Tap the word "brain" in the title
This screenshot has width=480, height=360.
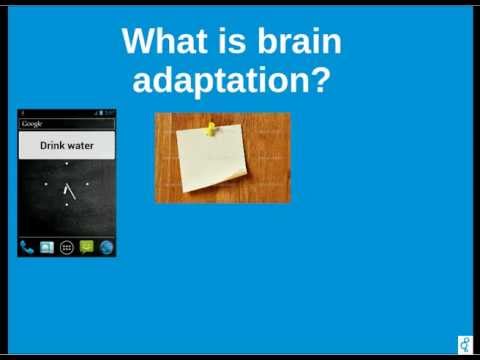[297, 42]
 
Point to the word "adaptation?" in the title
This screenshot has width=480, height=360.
[231, 80]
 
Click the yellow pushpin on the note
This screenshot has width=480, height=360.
[211, 128]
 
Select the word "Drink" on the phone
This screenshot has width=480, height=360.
[53, 145]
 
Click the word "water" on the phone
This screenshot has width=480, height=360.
[81, 145]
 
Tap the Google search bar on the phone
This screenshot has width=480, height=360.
[66, 123]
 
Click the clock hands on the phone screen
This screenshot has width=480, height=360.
[68, 189]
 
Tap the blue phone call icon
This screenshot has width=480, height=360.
[27, 247]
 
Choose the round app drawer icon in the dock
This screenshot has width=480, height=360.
[67, 247]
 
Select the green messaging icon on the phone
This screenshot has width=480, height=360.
[87, 247]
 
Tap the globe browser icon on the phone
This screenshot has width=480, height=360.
[106, 247]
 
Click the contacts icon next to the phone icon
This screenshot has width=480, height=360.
[47, 247]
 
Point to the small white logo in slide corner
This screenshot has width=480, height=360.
[465, 344]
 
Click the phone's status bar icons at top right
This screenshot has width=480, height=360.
[106, 113]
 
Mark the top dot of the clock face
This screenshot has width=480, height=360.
[67, 164]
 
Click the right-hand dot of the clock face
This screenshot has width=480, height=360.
[88, 184]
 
